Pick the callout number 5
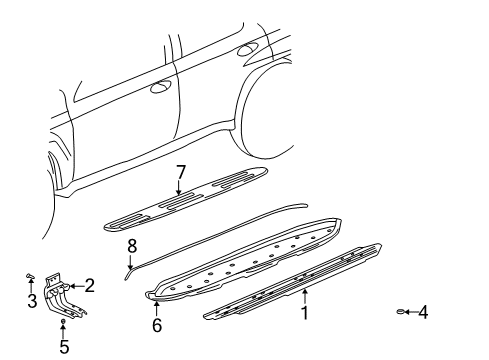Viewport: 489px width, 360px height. pyautogui.click(x=64, y=348)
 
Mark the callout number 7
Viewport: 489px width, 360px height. pyautogui.click(x=181, y=172)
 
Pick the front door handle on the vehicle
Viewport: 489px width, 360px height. pyautogui.click(x=158, y=88)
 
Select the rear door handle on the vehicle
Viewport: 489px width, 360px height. pyautogui.click(x=246, y=48)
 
